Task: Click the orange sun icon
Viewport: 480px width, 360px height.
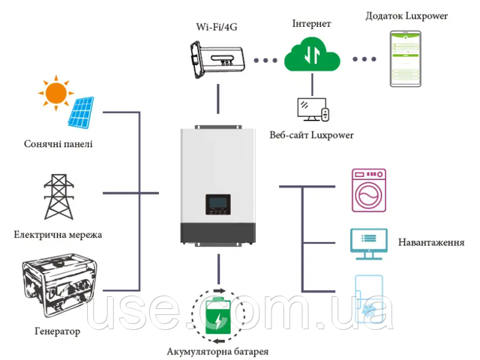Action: pyautogui.click(x=55, y=93)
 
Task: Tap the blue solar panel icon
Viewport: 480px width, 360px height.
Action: pyautogui.click(x=81, y=112)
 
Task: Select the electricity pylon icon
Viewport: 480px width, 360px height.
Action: pyautogui.click(x=58, y=196)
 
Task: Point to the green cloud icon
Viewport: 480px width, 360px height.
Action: pyautogui.click(x=312, y=55)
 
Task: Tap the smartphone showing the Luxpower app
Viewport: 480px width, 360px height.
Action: pyautogui.click(x=406, y=58)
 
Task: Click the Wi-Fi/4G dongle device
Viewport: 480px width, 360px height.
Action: pyautogui.click(x=217, y=59)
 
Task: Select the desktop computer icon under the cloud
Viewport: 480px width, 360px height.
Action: pyautogui.click(x=313, y=109)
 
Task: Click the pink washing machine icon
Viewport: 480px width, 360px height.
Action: pyautogui.click(x=369, y=190)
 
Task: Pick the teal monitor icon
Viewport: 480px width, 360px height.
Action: pyautogui.click(x=369, y=244)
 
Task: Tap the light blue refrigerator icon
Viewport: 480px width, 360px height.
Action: pyautogui.click(x=369, y=299)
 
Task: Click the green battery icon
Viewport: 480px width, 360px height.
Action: pyautogui.click(x=218, y=316)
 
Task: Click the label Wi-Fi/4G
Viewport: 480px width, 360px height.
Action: pyautogui.click(x=217, y=27)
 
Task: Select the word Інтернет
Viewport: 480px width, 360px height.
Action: pyautogui.click(x=312, y=23)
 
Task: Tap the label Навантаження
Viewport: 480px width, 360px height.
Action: pyautogui.click(x=431, y=242)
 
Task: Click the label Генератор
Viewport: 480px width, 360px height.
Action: pyautogui.click(x=58, y=331)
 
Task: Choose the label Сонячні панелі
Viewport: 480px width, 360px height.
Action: pyautogui.click(x=58, y=144)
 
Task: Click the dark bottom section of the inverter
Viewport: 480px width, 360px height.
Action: pyautogui.click(x=218, y=232)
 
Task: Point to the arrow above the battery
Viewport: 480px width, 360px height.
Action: pyautogui.click(x=219, y=291)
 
